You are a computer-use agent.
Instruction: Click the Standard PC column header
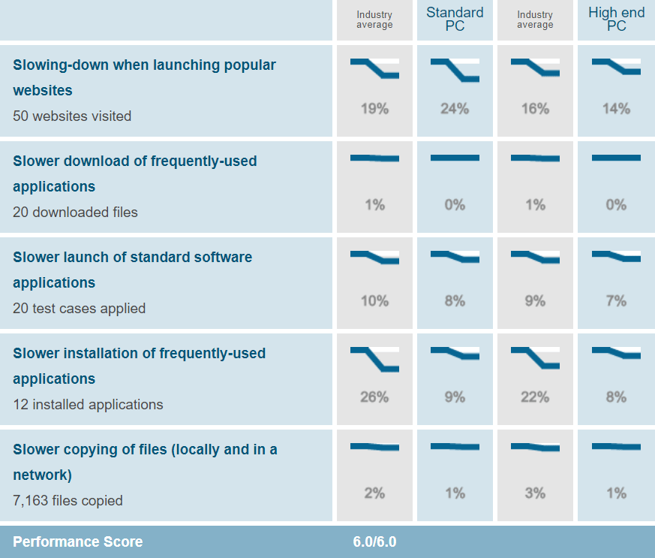point(455,20)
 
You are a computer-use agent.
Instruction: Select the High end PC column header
point(616,20)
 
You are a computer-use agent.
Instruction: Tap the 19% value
point(374,109)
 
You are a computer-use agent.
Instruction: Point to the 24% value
point(455,109)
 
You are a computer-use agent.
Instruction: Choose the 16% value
point(535,109)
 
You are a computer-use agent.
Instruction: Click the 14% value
point(616,109)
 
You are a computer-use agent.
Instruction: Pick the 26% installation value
point(374,397)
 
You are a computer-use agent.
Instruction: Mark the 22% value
point(535,397)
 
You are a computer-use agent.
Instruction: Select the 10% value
point(374,301)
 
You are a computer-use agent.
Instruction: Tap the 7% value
point(616,301)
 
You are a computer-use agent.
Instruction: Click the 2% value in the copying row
point(374,493)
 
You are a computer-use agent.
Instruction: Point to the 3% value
point(535,493)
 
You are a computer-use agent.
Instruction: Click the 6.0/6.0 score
point(374,542)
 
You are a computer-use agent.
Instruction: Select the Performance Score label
point(77,542)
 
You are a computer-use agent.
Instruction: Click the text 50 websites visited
point(72,116)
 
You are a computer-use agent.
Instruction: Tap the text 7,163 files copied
point(68,501)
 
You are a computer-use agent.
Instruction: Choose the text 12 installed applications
point(88,405)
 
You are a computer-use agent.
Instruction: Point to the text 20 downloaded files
point(75,213)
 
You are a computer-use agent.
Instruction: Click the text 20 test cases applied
point(79,309)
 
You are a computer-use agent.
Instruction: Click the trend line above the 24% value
point(455,69)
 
